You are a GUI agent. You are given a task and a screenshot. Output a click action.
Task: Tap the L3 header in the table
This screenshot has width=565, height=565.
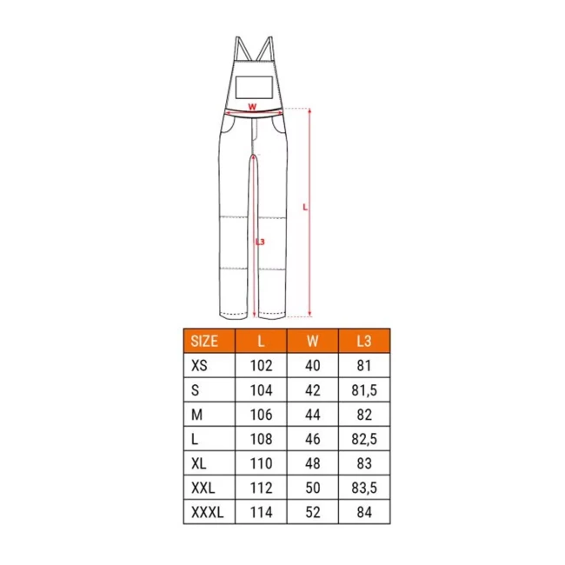364,341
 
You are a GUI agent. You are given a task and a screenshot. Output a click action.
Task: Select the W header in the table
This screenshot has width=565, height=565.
312,341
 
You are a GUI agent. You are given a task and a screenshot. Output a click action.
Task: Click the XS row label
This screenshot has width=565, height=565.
199,366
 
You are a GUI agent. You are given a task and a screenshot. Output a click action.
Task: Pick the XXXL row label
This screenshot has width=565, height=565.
208,512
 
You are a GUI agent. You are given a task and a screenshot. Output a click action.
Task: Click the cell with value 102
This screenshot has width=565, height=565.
262,366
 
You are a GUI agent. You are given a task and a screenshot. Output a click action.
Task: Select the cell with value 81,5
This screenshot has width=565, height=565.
364,390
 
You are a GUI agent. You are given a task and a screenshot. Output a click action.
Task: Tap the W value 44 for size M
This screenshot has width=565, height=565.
312,415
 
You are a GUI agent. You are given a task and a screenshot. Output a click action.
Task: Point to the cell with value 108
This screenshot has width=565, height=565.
262,439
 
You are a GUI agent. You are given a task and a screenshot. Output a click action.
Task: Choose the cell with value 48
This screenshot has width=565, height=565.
312,463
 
